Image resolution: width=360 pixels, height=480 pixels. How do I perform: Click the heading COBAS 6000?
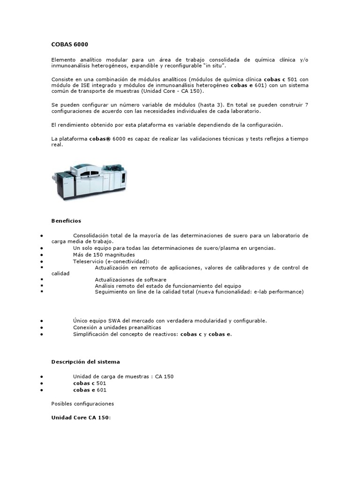coord(69,45)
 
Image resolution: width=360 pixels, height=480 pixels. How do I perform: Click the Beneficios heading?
coord(66,220)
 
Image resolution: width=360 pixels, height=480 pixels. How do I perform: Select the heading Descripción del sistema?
coord(85,361)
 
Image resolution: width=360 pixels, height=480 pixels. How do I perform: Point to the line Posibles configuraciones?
coord(82,403)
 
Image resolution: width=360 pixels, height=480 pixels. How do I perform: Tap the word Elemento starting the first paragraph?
coord(63,60)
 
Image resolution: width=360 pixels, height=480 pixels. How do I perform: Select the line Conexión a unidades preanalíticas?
coord(117,327)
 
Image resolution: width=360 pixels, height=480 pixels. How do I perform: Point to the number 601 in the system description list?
coord(101,390)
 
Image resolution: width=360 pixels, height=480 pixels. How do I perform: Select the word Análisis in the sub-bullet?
coord(105,285)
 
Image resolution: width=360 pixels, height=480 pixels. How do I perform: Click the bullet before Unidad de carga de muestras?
coord(43,376)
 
